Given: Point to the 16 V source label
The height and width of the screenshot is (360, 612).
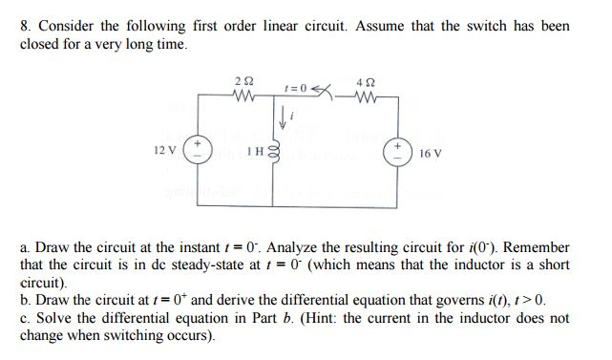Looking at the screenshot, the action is point(432,152).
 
